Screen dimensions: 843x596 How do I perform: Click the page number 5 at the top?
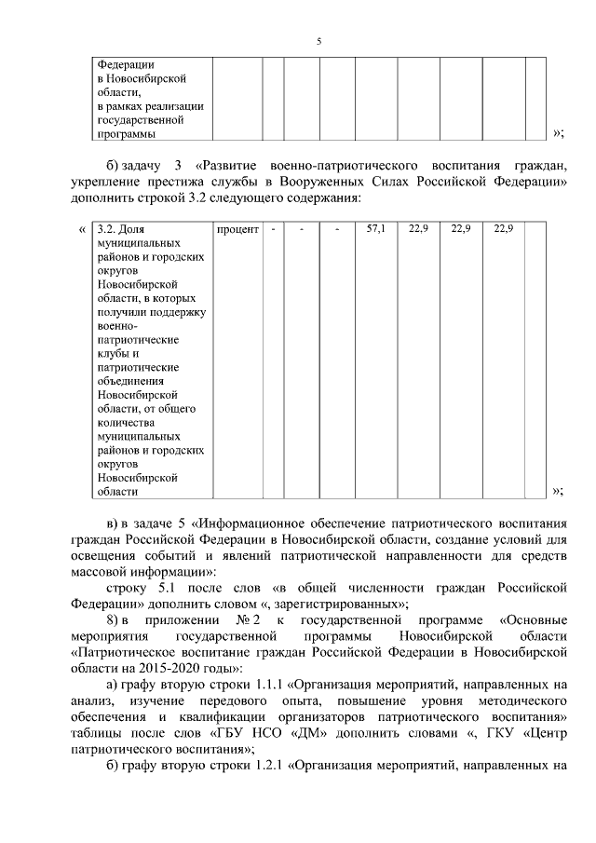pos(318,42)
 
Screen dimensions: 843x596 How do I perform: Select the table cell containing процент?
pos(237,228)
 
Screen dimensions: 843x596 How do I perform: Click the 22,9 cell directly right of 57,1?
pos(418,228)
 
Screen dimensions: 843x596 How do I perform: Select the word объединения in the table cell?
pos(129,379)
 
